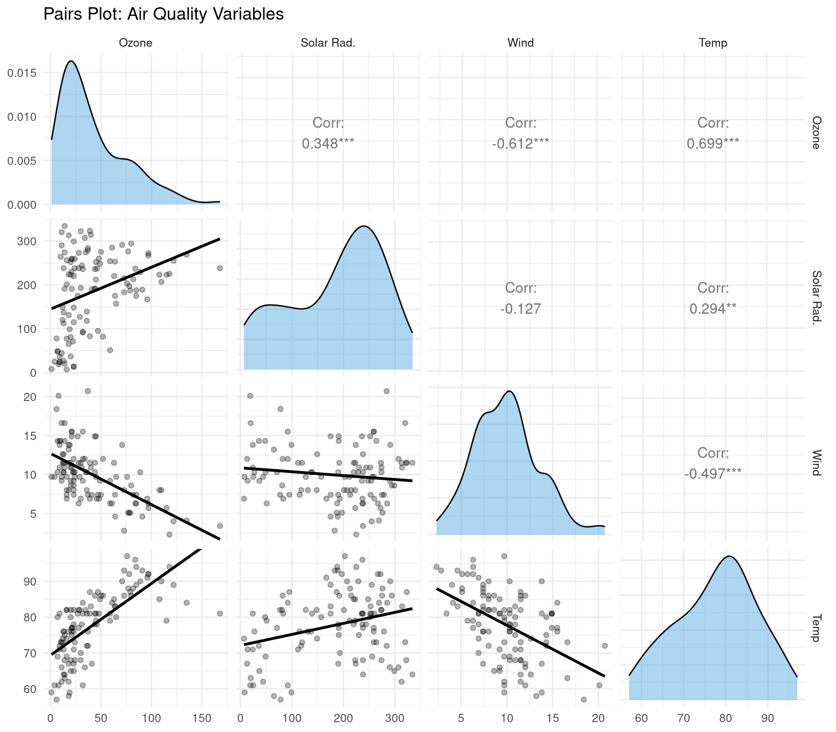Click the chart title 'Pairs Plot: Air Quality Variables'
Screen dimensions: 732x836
[x=163, y=14]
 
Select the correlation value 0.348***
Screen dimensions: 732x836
[x=328, y=144]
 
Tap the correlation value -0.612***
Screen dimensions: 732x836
[x=520, y=144]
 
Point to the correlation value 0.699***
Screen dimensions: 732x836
[x=713, y=144]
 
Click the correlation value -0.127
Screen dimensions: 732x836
[x=520, y=309]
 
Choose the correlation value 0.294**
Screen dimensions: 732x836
[x=713, y=309]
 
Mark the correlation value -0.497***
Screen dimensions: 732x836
[x=713, y=474]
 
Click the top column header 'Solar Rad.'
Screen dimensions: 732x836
[x=328, y=43]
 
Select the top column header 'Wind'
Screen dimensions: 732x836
[x=520, y=43]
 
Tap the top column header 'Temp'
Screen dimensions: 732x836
[x=713, y=43]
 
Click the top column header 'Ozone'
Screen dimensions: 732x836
[x=136, y=43]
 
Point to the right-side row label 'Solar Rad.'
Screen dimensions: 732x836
[x=816, y=297]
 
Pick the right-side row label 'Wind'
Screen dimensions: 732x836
[x=816, y=462]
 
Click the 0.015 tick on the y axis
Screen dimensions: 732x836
[x=25, y=73]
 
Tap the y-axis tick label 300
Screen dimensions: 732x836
[x=30, y=241]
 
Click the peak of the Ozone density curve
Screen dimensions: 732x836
[x=71, y=61]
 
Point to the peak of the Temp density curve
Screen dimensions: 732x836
[x=728, y=556]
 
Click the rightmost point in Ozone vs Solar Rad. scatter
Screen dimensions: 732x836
[x=220, y=268]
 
